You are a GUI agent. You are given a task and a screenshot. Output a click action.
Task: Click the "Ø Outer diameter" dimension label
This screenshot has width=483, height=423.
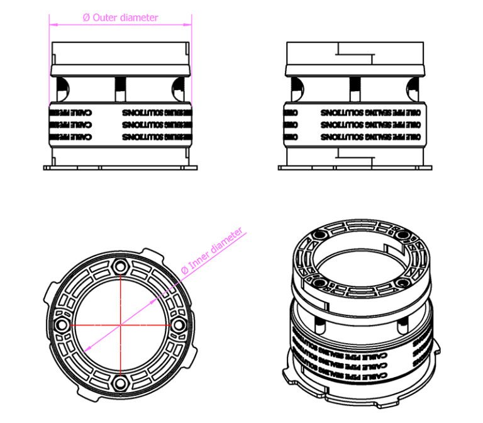121,18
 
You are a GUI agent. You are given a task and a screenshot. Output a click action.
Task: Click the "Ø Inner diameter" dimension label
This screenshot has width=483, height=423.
211,252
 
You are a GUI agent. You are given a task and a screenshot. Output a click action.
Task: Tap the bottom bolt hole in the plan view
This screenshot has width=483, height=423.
119,383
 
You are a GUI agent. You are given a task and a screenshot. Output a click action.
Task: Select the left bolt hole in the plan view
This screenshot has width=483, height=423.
61,324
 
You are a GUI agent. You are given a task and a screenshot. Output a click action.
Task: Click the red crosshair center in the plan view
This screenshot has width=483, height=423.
119,324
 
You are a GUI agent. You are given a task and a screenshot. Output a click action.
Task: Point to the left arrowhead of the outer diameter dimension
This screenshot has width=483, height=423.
52,25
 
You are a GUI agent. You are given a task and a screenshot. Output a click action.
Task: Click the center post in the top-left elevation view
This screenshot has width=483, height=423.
120,88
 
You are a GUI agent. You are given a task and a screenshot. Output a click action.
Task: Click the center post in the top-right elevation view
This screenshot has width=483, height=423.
355,88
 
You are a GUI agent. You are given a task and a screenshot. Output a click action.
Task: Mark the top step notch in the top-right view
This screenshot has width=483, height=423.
356,50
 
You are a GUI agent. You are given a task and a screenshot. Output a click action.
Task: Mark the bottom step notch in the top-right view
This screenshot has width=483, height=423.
356,153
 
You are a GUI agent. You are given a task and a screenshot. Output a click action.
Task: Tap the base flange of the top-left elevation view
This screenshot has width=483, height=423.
120,167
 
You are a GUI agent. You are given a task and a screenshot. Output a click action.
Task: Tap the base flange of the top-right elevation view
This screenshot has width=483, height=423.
355,167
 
